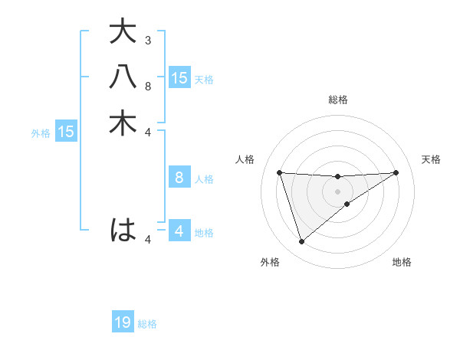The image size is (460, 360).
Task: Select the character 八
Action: pyautogui.click(x=123, y=77)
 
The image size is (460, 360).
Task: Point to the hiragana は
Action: pyautogui.click(x=123, y=229)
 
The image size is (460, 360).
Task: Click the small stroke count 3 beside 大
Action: pyautogui.click(x=147, y=40)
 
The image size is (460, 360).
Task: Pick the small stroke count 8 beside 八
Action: pyautogui.click(x=147, y=86)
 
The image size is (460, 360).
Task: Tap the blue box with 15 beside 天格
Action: pyautogui.click(x=179, y=78)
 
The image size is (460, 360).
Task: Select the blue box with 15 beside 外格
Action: pyautogui.click(x=66, y=132)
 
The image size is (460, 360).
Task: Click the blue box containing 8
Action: pyautogui.click(x=179, y=178)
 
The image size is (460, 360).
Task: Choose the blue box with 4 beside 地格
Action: pyautogui.click(x=179, y=231)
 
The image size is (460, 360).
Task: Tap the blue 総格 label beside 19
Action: pyautogui.click(x=148, y=324)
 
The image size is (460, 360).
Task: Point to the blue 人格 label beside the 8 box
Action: pyautogui.click(x=204, y=179)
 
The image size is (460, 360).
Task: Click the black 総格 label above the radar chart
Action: pyautogui.click(x=337, y=100)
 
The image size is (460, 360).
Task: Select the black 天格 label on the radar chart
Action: pyautogui.click(x=432, y=159)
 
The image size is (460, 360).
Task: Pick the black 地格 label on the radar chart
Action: pyautogui.click(x=402, y=263)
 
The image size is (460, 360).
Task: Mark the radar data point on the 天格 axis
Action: pyautogui.click(x=396, y=172)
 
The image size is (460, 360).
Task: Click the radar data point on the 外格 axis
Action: pyautogui.click(x=301, y=242)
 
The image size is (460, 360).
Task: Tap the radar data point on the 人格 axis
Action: pyautogui.click(x=280, y=172)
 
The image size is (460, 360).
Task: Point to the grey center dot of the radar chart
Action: pyautogui.click(x=337, y=191)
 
